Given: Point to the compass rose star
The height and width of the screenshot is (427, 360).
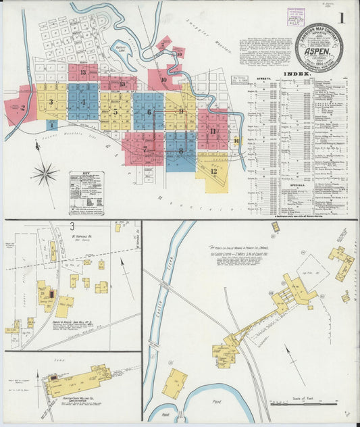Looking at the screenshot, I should coord(45,174).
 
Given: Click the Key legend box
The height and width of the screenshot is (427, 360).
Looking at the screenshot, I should coord(86,192).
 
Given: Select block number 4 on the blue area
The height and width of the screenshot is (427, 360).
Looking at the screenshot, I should coord(83,103).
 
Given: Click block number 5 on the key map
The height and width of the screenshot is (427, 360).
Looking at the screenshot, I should coord(115,111).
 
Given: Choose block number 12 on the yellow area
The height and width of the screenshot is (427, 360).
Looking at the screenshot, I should coord(213,171).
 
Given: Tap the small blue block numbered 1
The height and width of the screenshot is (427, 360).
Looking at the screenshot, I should coord(52,125).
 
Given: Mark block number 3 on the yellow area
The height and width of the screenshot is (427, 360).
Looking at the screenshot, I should coord(51,102).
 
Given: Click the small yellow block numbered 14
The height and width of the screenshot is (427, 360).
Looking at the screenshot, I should coord(236,141).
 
